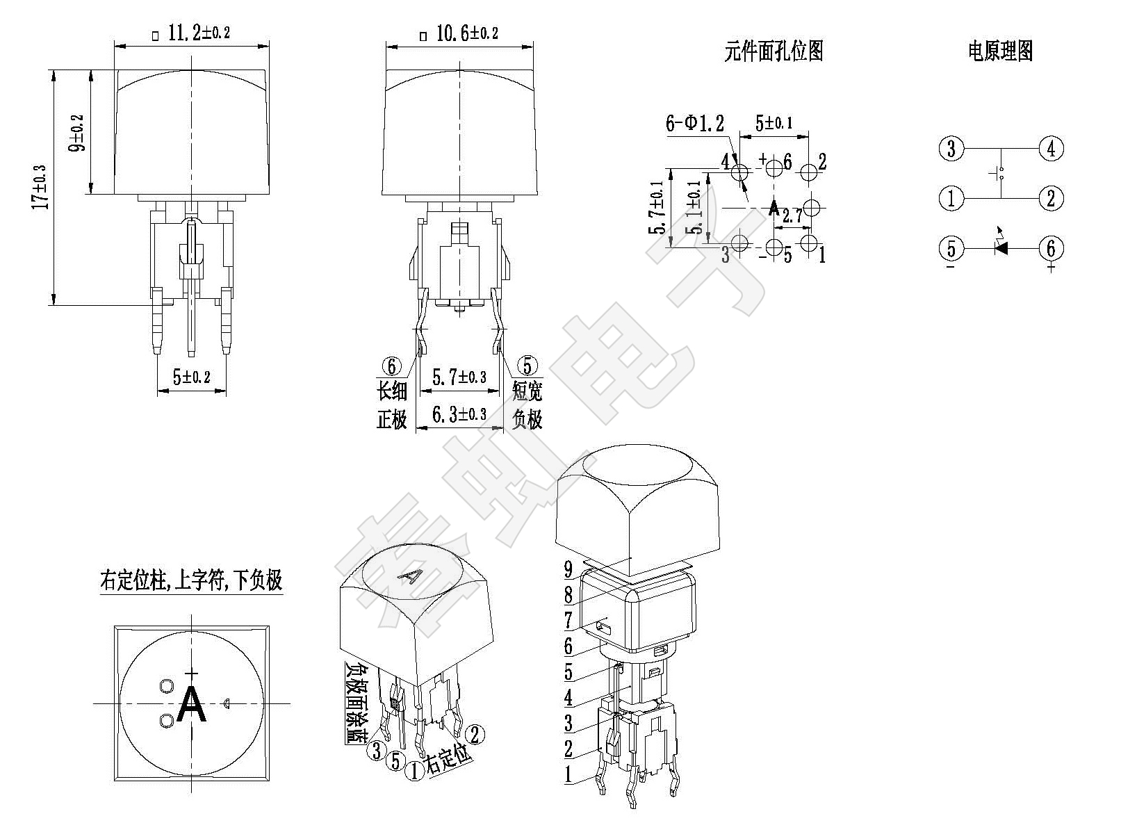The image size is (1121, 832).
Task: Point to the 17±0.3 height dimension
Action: coord(40,188)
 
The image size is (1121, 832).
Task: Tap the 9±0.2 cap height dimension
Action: coord(77,133)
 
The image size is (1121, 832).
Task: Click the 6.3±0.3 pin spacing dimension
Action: coord(459,414)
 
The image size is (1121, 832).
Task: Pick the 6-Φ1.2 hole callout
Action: coord(695,123)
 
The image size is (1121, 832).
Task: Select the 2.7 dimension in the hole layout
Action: coord(792,216)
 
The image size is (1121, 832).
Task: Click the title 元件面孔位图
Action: coord(774,51)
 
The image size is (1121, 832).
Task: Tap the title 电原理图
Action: coord(1000,51)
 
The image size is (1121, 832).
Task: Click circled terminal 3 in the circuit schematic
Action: coord(951,149)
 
